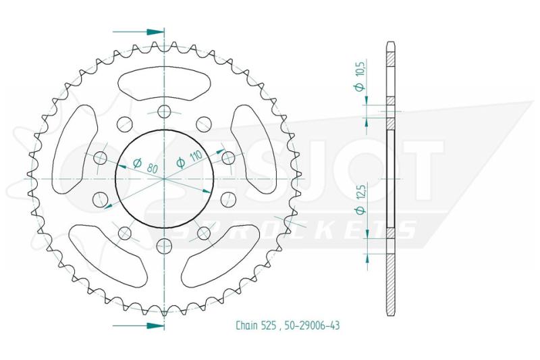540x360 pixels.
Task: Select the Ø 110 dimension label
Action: [x=189, y=159]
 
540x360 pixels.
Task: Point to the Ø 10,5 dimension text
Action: [x=360, y=76]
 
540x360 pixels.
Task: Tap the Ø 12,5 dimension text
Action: [x=360, y=199]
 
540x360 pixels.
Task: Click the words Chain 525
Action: [x=256, y=325]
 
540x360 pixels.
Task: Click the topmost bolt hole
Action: [x=164, y=111]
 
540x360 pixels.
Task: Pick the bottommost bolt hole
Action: [x=164, y=247]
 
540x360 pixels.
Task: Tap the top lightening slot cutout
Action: [x=164, y=82]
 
